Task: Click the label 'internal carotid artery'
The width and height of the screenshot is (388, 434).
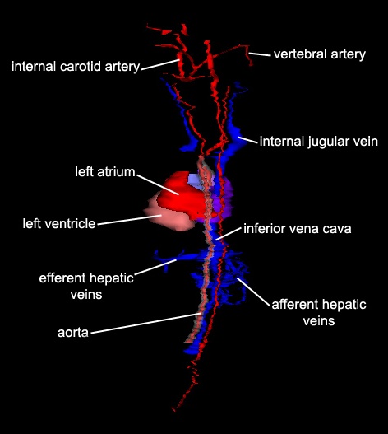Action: point(76,67)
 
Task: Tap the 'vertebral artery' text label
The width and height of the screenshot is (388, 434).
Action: point(320,54)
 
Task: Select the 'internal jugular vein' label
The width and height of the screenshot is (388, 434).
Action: point(319,142)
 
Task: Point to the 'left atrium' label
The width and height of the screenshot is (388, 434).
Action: point(104,172)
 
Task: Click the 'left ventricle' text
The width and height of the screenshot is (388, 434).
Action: point(59,224)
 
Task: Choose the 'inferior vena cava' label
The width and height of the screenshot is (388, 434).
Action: point(298,229)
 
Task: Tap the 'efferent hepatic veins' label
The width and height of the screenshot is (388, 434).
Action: point(86,286)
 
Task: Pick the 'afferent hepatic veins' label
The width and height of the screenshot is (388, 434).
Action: point(319,313)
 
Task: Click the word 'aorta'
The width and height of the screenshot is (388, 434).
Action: point(73,333)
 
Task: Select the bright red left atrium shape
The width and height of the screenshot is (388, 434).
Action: point(182,197)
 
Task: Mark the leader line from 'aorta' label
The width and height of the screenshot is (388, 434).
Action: point(146,323)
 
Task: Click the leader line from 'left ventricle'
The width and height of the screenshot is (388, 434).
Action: point(129,220)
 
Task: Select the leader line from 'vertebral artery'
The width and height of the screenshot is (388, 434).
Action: point(260,54)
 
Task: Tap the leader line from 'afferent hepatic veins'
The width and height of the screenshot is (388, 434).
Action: point(253,292)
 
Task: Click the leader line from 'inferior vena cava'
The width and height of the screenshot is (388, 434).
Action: point(229,234)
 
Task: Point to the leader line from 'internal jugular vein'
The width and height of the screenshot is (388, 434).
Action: point(248,140)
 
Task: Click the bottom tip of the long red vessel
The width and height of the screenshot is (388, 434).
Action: point(173,410)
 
